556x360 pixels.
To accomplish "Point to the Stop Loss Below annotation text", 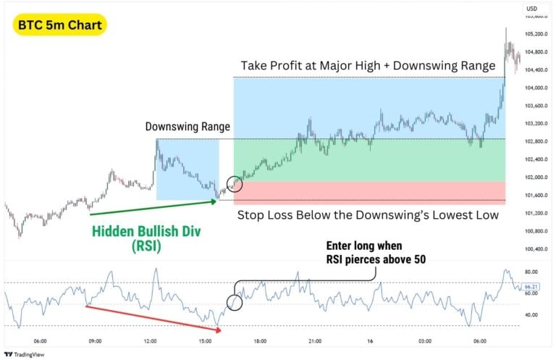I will click(368, 214).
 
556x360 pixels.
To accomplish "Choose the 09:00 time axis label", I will click(94, 340).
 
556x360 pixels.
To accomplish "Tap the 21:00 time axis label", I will click(315, 340).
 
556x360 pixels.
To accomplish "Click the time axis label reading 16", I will click(370, 340).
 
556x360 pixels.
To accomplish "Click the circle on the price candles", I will click(235, 184).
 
